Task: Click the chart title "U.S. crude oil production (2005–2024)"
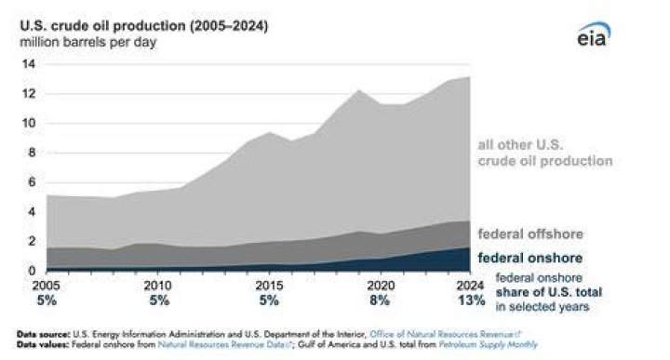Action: pos(144,26)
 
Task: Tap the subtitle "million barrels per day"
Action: pos(88,42)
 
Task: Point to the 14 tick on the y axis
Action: pos(29,64)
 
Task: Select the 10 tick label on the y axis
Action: pos(29,124)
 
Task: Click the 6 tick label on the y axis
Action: pos(32,182)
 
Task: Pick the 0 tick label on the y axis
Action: pos(32,271)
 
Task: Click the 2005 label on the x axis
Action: pos(47,286)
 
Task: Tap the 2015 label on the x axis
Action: pos(269,286)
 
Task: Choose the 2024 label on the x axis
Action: pos(470,286)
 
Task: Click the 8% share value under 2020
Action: pos(380,300)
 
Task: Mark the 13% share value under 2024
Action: pos(471,300)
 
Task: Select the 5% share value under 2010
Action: pos(159,300)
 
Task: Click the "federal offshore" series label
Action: pos(530,234)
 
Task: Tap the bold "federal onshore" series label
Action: pos(529,258)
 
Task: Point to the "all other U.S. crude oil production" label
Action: pos(545,153)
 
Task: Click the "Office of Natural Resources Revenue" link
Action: pos(445,334)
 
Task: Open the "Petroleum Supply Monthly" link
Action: pos(488,344)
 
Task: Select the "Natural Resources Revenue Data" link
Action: pos(224,344)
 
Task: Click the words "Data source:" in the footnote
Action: pos(43,334)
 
